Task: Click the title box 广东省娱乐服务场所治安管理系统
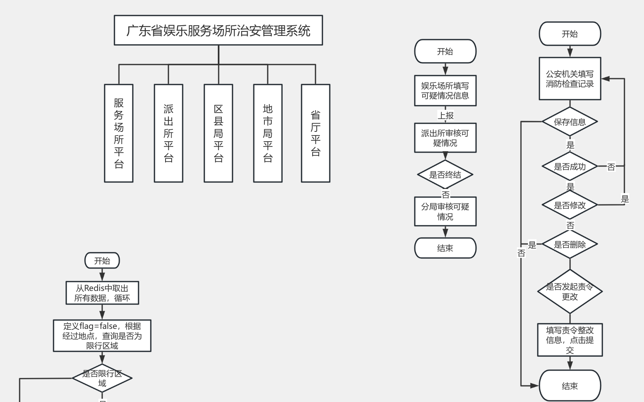click(218, 30)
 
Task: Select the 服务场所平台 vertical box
click(119, 133)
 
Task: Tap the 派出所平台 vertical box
click(168, 133)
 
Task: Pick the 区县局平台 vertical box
click(218, 133)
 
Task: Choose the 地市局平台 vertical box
click(268, 133)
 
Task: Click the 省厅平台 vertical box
click(315, 133)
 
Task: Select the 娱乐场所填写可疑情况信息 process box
click(445, 91)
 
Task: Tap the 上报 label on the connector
click(445, 115)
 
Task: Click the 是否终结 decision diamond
click(445, 175)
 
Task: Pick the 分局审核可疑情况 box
click(445, 211)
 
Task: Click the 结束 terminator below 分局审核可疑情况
click(445, 248)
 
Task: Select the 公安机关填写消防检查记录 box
click(570, 79)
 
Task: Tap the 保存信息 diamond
click(570, 122)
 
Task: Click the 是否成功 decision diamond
click(570, 167)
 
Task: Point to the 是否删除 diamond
click(570, 244)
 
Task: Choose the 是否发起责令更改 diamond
click(570, 291)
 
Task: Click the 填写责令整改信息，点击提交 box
click(570, 340)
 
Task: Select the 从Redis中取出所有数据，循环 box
click(102, 293)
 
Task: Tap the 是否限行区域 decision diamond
click(102, 378)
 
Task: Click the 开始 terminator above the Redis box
click(102, 261)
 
